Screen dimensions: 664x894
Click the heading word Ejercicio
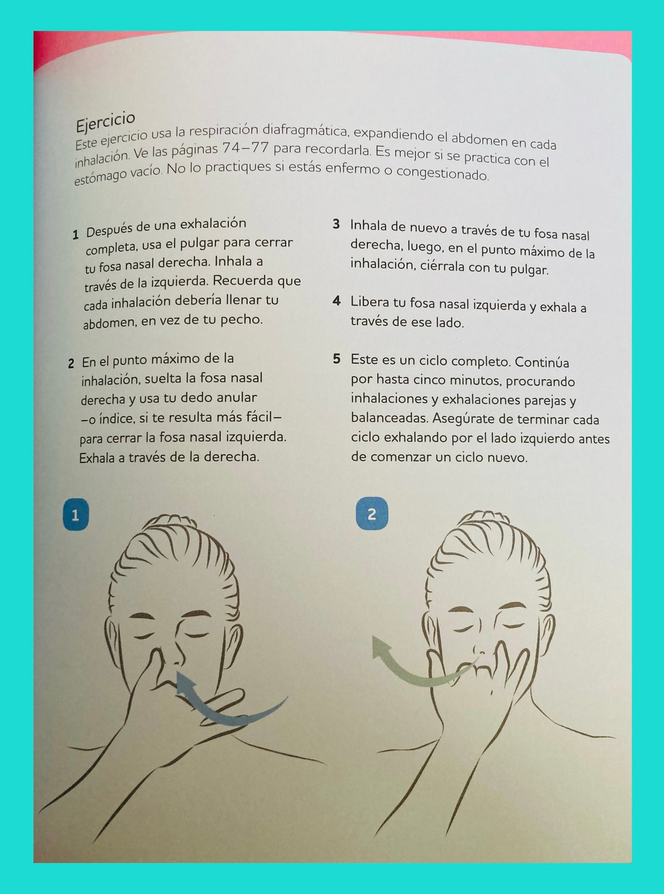pyautogui.click(x=105, y=121)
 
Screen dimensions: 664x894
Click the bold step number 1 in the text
pyautogui.click(x=76, y=235)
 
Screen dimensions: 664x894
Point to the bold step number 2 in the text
pyautogui.click(x=71, y=364)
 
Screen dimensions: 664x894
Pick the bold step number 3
pyautogui.click(x=336, y=225)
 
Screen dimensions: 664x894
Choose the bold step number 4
pyautogui.click(x=337, y=301)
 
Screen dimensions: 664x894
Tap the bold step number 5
pyautogui.click(x=337, y=359)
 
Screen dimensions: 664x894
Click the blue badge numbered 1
pyautogui.click(x=75, y=515)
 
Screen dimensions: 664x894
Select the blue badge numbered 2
pyautogui.click(x=372, y=513)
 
